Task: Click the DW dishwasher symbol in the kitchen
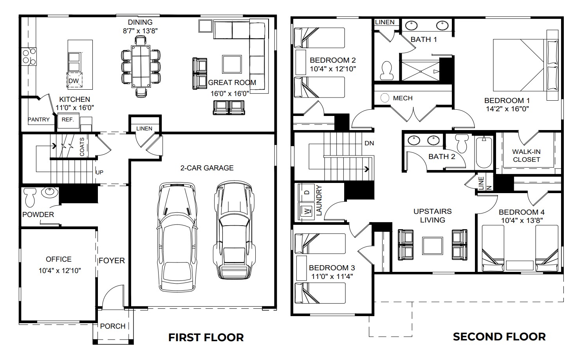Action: tap(74, 81)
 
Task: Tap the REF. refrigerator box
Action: tap(68, 120)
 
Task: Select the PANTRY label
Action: tap(39, 119)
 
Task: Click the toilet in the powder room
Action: tap(30, 197)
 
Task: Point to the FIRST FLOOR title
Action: tap(206, 337)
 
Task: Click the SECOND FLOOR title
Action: tap(499, 336)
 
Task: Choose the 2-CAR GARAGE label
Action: tap(207, 168)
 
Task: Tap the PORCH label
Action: tap(113, 326)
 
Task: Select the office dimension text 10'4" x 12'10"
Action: tap(60, 270)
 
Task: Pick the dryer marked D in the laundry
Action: tap(307, 192)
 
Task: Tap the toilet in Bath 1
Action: tap(387, 70)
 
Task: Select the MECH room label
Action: tap(403, 98)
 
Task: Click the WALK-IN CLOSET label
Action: tap(526, 156)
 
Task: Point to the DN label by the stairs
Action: tap(369, 143)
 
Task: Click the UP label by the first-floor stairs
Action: tap(99, 172)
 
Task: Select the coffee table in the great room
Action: tap(232, 64)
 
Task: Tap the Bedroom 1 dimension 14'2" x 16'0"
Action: tap(507, 109)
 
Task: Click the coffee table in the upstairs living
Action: tap(432, 246)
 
